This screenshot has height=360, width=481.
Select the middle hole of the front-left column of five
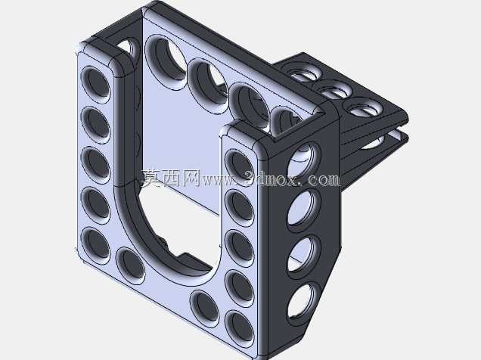[95, 165]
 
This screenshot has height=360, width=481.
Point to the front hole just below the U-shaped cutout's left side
[130, 265]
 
